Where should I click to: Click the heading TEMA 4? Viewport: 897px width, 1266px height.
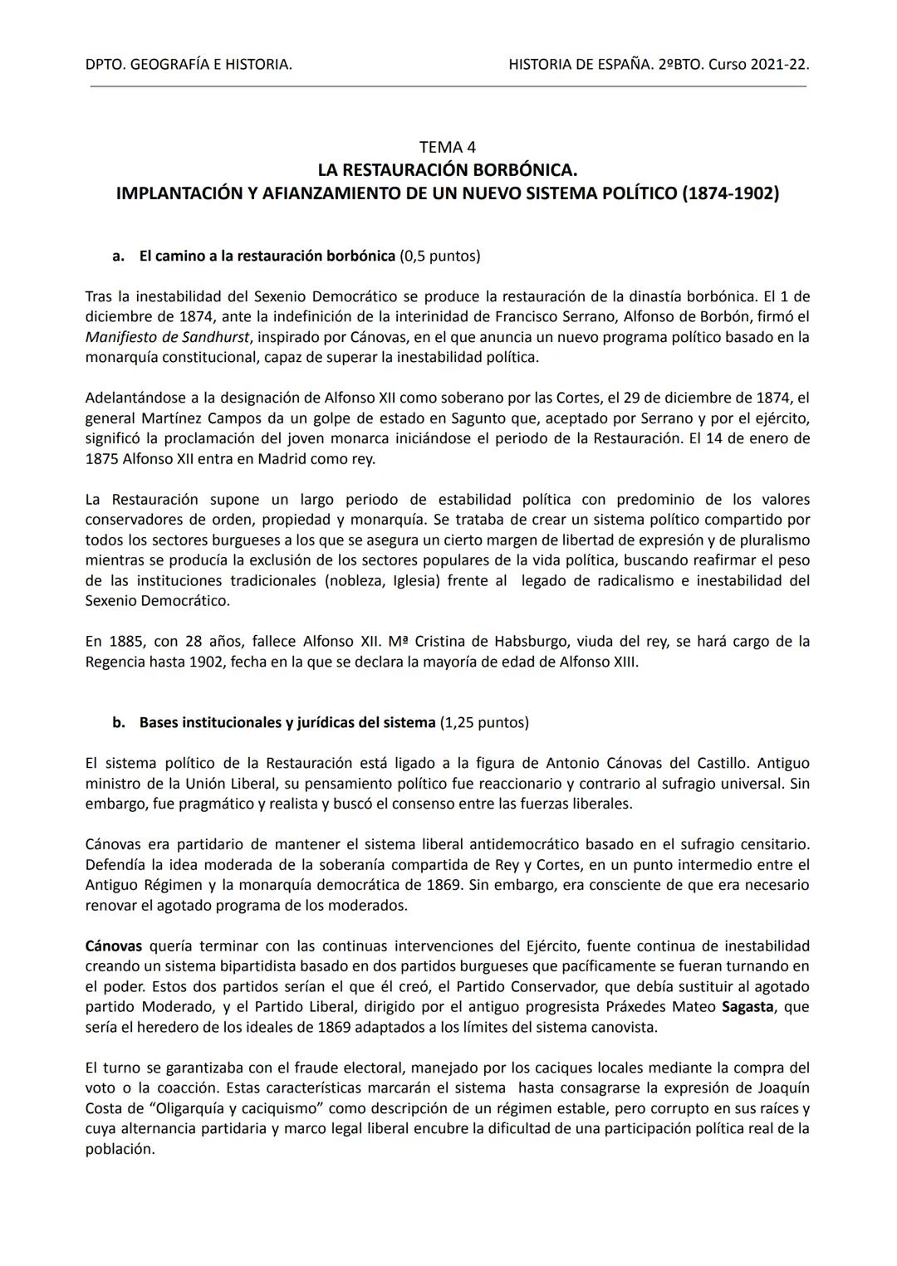point(448,147)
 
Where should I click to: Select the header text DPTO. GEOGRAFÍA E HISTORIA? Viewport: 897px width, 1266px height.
point(189,64)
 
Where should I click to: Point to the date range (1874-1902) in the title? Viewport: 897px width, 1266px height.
point(730,194)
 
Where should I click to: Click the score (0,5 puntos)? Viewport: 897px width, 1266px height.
point(439,256)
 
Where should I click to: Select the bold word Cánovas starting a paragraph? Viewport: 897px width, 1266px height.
point(114,946)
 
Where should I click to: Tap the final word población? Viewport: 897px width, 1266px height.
point(120,1149)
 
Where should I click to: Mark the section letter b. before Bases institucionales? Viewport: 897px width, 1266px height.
point(119,722)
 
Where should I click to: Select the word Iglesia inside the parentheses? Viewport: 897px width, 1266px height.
point(410,580)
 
